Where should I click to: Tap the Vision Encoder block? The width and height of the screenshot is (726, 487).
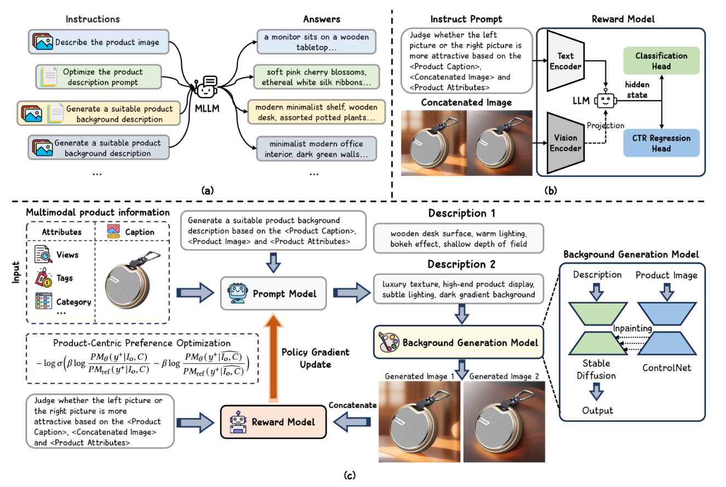click(x=565, y=142)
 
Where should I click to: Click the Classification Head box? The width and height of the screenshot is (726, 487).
click(x=661, y=61)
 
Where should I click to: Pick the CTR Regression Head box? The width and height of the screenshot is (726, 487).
click(x=661, y=144)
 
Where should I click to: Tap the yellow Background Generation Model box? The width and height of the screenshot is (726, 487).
click(x=459, y=342)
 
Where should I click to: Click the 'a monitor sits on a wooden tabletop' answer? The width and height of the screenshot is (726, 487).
click(x=316, y=42)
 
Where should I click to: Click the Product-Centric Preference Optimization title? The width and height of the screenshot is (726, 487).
click(x=142, y=343)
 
